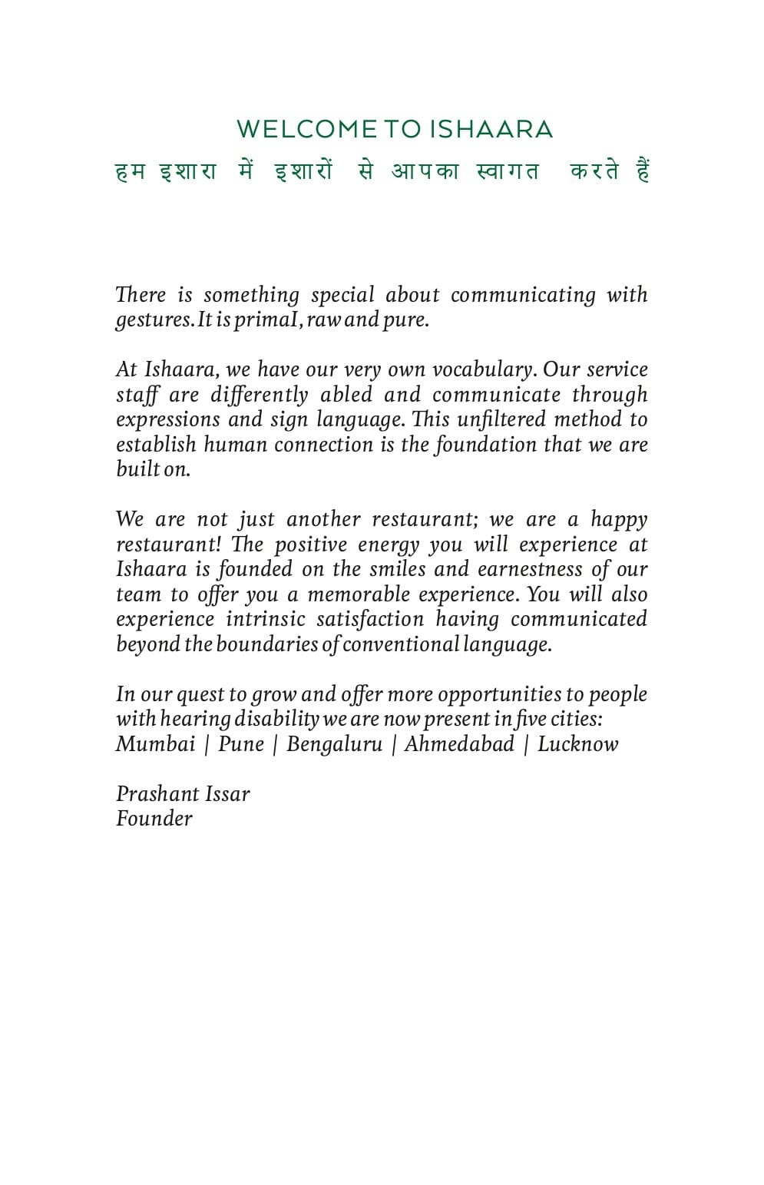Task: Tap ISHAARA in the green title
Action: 491,129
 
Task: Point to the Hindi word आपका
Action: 425,170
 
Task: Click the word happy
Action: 619,520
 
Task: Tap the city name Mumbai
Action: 155,744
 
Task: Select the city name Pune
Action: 241,744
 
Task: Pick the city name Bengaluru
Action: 334,744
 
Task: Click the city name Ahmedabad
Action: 459,744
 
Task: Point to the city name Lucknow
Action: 577,744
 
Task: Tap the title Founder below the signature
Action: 154,819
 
